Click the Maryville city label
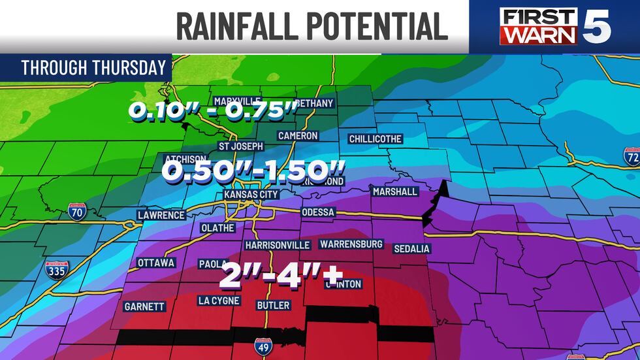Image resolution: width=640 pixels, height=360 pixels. click(x=238, y=102)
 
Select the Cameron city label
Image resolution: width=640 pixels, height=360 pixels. click(x=298, y=136)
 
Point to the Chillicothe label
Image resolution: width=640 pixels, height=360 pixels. click(x=375, y=139)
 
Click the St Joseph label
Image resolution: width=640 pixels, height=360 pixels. click(x=240, y=146)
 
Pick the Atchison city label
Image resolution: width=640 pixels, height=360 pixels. click(x=185, y=159)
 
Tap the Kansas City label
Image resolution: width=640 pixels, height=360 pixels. click(x=251, y=195)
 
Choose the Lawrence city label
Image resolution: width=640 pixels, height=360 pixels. click(x=161, y=215)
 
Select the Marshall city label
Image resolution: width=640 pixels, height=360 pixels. click(x=394, y=192)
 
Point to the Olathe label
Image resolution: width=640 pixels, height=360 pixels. click(x=218, y=228)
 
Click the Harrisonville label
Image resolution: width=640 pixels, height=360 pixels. click(x=277, y=245)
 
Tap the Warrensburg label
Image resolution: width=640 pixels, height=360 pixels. click(x=351, y=244)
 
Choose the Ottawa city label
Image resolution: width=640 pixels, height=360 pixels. click(x=156, y=263)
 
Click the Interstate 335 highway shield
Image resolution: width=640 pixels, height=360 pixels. click(x=57, y=269)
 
